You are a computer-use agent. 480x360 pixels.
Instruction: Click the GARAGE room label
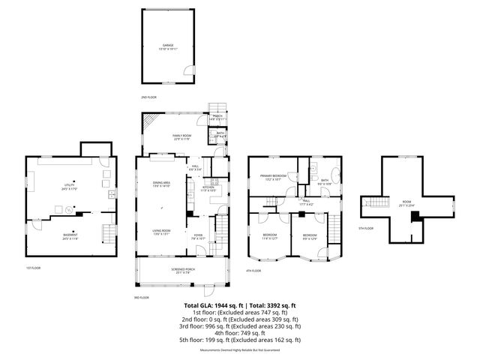tap(168, 46)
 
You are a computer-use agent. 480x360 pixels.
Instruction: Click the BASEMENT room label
tap(69, 235)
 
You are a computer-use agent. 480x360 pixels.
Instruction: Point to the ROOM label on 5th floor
tap(407, 202)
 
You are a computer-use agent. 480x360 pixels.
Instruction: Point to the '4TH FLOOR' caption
tap(254, 271)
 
